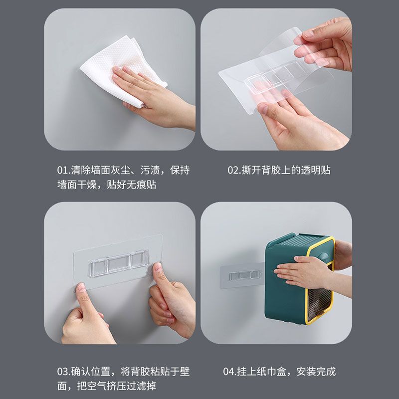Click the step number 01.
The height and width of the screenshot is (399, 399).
(63, 170)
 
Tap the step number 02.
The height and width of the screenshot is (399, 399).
(233, 170)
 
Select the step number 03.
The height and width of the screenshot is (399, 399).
(63, 372)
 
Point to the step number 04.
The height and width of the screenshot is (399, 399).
(229, 372)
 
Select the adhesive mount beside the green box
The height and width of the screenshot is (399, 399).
(241, 276)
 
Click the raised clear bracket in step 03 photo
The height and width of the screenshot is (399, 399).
(119, 264)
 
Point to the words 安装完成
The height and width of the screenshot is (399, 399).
(316, 372)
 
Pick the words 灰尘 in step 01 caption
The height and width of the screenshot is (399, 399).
(120, 170)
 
